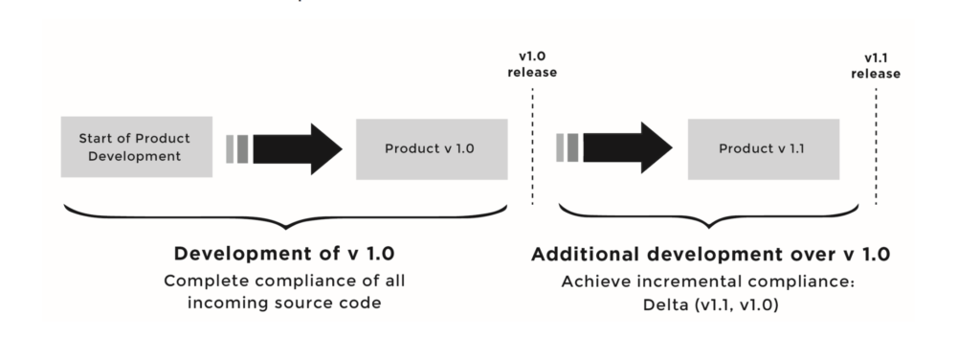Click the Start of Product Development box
tap(136, 147)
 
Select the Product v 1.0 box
tap(430, 148)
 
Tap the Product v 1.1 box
tap(762, 148)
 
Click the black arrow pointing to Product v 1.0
tap(298, 148)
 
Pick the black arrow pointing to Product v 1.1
tap(627, 148)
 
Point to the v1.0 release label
tap(533, 65)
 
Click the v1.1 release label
tap(876, 65)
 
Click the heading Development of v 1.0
tap(284, 254)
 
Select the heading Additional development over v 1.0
tap(711, 254)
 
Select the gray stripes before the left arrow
tap(238, 148)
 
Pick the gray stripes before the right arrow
tap(568, 148)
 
